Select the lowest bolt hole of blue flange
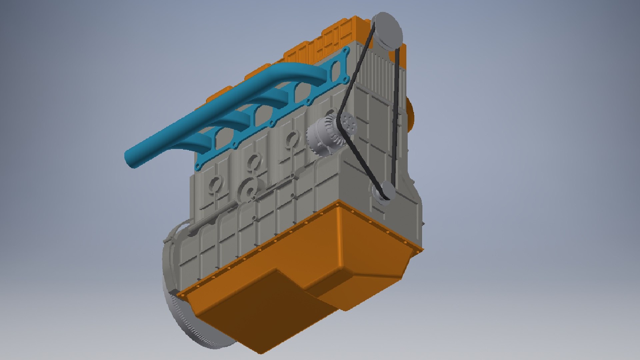pyautogui.click(x=197, y=167)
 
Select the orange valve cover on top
pyautogui.click(x=333, y=37)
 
